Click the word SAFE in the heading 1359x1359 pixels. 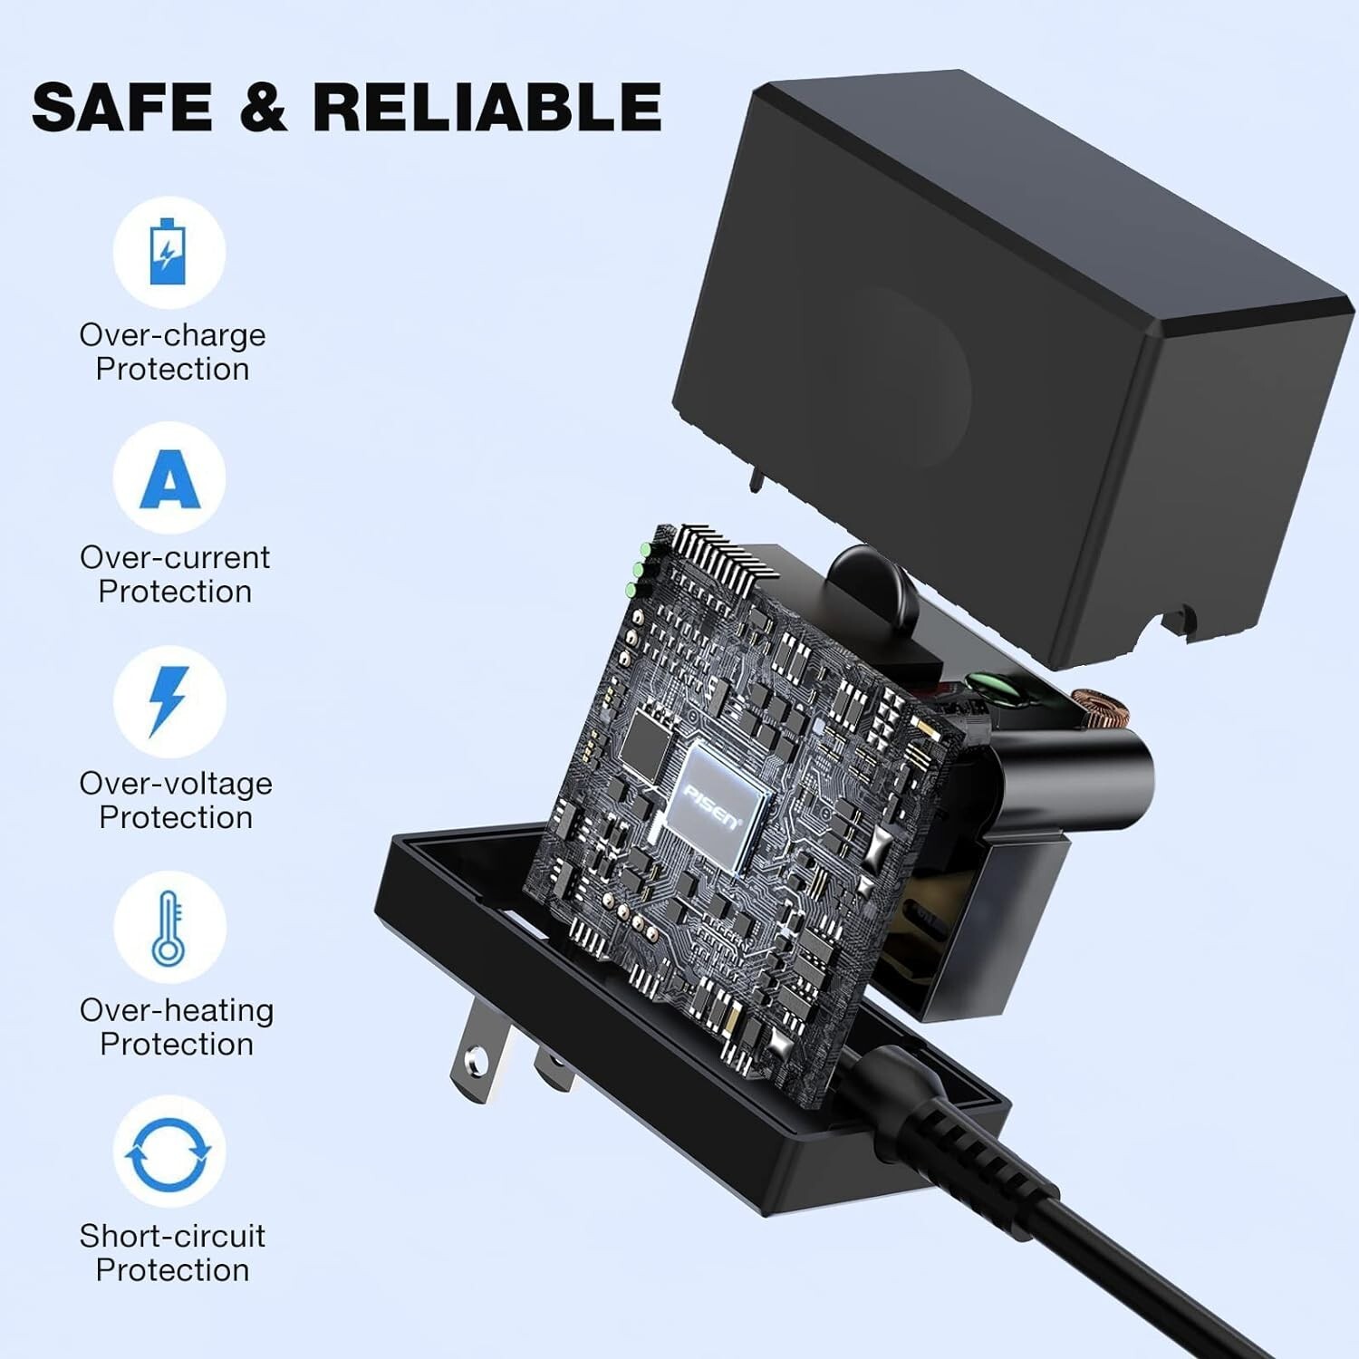tap(122, 107)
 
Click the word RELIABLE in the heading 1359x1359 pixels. tap(487, 107)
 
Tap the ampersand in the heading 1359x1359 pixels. tap(263, 107)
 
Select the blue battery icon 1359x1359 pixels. tap(168, 251)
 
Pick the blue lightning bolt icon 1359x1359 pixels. tap(169, 700)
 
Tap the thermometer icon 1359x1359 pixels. tap(169, 928)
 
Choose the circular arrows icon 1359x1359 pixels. tap(168, 1153)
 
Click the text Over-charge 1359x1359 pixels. tap(172, 335)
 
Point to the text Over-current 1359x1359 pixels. tap(175, 557)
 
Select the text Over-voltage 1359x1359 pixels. tap(176, 784)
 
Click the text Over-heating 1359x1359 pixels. tap(177, 1010)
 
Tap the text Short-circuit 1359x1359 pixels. tap(172, 1236)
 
